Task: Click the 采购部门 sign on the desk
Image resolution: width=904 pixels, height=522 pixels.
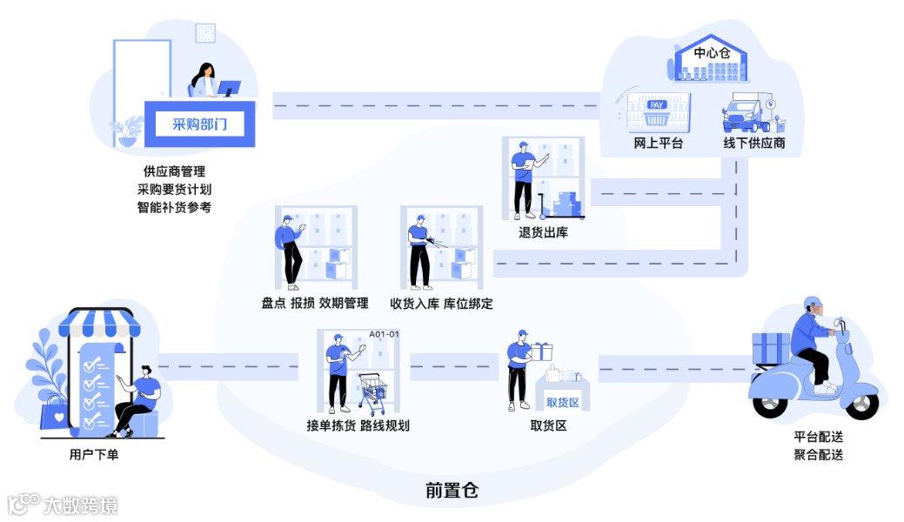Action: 199,124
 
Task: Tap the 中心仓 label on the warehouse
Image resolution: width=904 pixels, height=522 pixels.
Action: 713,53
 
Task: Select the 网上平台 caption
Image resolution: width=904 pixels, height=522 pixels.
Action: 659,143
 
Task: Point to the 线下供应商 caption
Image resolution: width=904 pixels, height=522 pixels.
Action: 754,143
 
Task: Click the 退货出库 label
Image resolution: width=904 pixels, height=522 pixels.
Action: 543,232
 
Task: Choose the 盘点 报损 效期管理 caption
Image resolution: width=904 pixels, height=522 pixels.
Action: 314,303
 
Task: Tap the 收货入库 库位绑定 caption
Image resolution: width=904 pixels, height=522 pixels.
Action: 441,303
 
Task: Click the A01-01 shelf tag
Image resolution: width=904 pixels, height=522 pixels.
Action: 384,334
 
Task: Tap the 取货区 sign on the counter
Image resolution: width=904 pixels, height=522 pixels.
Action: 562,402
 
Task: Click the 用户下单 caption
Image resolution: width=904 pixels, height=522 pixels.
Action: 94,453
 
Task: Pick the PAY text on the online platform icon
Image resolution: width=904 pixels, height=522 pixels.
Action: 658,105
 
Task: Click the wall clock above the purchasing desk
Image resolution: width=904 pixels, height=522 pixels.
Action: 205,34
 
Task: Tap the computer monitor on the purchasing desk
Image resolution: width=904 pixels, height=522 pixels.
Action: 229,89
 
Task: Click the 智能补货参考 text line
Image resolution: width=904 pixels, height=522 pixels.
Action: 174,207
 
